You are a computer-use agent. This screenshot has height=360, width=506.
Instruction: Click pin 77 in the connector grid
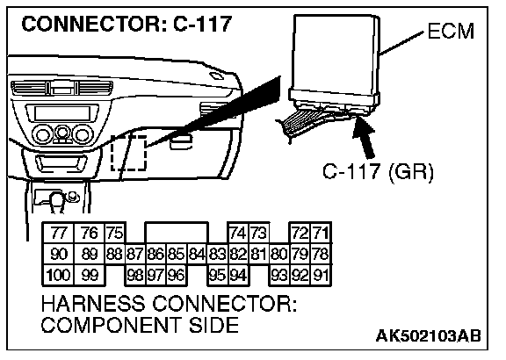58,233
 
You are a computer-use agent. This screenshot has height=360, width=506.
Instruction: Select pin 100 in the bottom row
58,275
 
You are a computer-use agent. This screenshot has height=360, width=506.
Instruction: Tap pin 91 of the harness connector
322,275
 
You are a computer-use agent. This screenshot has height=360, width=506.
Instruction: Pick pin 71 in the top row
322,233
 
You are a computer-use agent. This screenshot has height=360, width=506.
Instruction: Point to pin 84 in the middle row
197,254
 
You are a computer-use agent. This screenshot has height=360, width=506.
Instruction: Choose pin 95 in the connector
218,275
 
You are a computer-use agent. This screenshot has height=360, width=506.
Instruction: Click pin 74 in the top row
238,233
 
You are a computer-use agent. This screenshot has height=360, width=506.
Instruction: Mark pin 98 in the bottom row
135,275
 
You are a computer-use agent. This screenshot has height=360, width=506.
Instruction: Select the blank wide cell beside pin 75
177,233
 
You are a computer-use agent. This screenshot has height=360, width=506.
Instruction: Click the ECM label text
451,32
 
